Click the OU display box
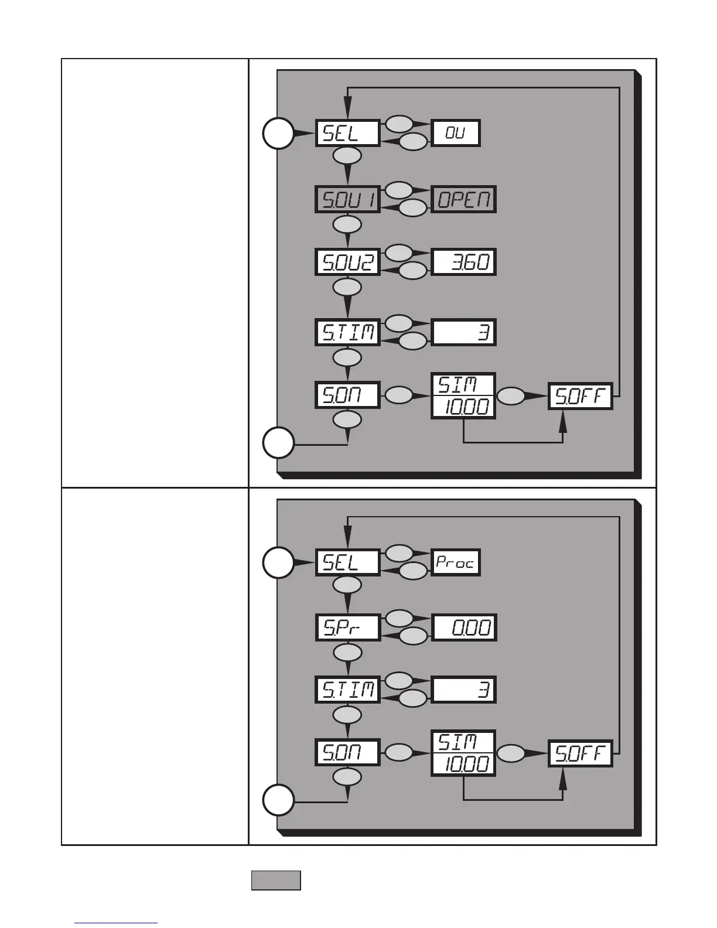coord(455,134)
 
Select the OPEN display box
coord(463,199)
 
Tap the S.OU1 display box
coord(347,199)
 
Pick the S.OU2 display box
coord(347,262)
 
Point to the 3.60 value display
coord(463,262)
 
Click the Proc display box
coord(455,563)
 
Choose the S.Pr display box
coord(347,628)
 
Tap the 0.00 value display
coord(463,628)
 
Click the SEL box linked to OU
coord(347,134)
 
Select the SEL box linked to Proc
coord(347,563)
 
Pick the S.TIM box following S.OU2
coord(347,332)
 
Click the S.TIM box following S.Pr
coord(347,689)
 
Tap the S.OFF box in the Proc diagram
coord(580,753)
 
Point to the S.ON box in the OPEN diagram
coord(347,395)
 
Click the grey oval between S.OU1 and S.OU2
coord(347,225)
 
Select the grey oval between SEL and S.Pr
coord(347,585)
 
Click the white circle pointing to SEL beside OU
coord(278,134)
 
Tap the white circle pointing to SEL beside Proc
coord(278,563)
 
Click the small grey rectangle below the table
coord(276,881)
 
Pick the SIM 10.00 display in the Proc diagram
coord(463,753)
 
